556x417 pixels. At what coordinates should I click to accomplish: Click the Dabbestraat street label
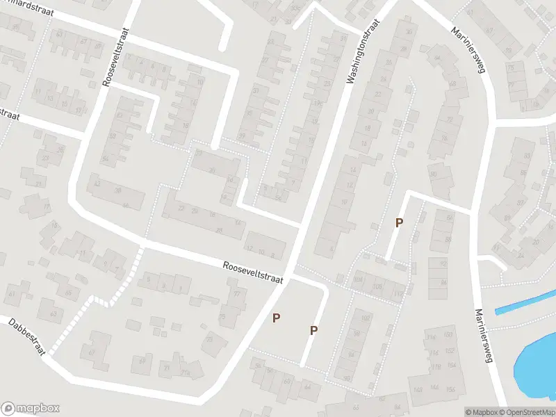pyautogui.click(x=26, y=336)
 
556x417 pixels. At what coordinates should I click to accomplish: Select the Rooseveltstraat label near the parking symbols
pyautogui.click(x=254, y=272)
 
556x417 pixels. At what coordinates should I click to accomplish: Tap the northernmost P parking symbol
pyautogui.click(x=399, y=223)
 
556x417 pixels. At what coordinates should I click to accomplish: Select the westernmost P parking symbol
pyautogui.click(x=277, y=318)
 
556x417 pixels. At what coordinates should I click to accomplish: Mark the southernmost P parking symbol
pyautogui.click(x=314, y=331)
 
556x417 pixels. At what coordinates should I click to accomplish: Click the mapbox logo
pyautogui.click(x=31, y=409)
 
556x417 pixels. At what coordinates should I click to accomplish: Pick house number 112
pyautogui.click(x=398, y=294)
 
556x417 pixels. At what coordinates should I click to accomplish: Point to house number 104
pyautogui.click(x=359, y=279)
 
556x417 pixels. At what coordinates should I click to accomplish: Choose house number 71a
pyautogui.click(x=186, y=374)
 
